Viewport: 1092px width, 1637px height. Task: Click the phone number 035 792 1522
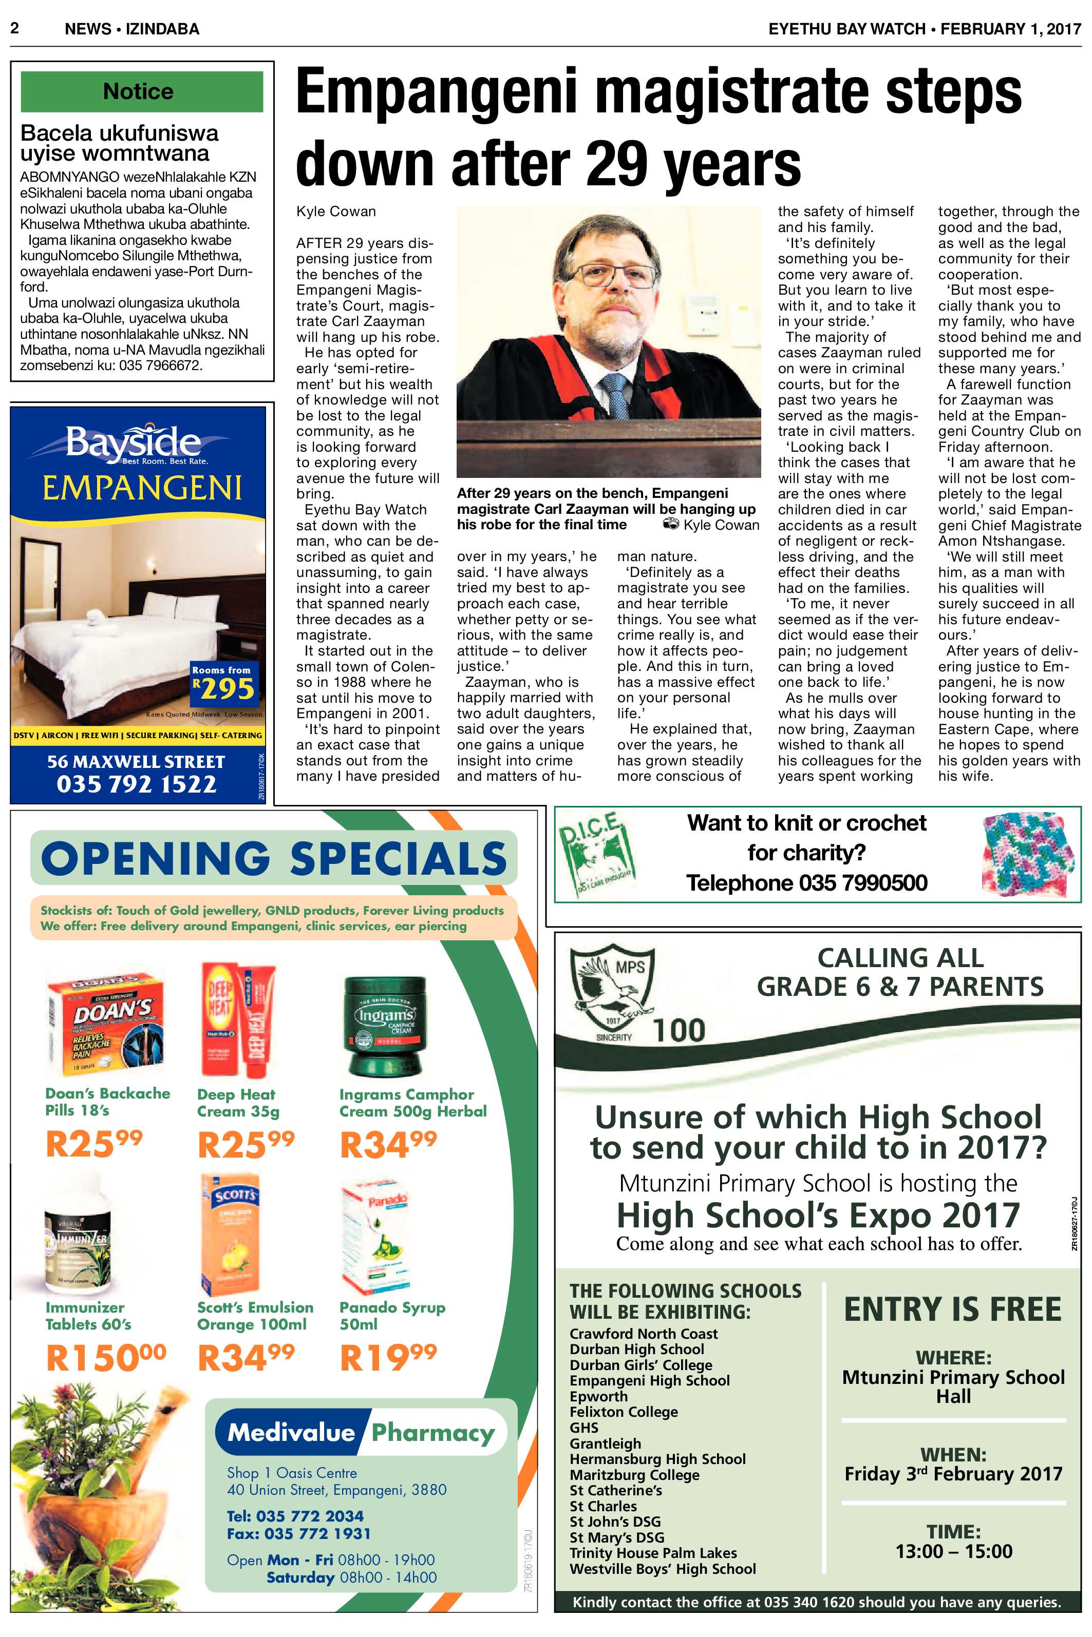[x=137, y=784]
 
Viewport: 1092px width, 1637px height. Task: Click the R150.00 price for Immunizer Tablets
[x=106, y=1357]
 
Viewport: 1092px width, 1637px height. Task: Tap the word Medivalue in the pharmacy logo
[x=291, y=1432]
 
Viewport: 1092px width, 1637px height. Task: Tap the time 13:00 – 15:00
[x=953, y=1551]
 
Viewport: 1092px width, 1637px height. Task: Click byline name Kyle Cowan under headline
[x=336, y=211]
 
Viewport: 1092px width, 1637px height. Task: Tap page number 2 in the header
[x=14, y=29]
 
